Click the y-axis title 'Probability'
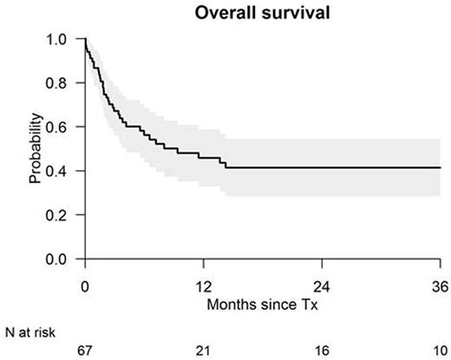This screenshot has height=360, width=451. point(35,148)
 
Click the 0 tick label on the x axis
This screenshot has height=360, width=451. point(85,287)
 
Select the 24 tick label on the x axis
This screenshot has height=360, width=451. point(322,287)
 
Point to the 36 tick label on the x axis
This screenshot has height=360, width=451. point(440,287)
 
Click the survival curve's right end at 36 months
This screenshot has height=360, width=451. point(440,167)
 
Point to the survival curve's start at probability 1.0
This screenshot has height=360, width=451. point(85,39)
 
